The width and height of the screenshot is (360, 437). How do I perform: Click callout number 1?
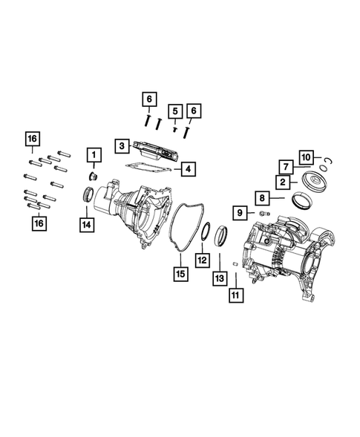[x=94, y=155]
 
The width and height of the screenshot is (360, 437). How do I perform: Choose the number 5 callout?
[x=175, y=111]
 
